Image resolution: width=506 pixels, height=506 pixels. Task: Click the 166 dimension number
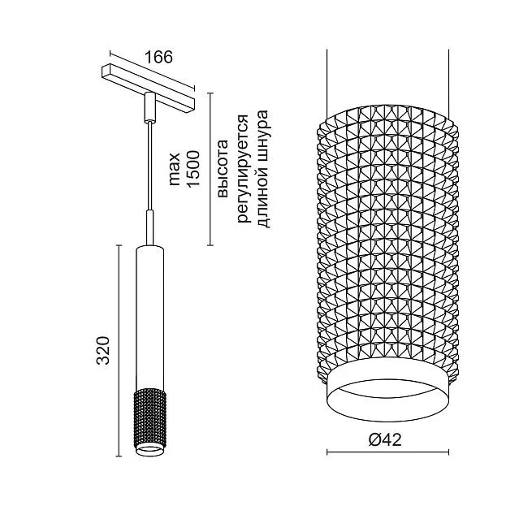click(158, 57)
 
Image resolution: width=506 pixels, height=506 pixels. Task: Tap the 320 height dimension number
click(104, 350)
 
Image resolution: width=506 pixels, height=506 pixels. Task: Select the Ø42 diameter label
click(385, 439)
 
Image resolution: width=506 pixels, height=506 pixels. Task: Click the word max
click(175, 169)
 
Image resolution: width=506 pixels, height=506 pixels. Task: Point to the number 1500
click(193, 169)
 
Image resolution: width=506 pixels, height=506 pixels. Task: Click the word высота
click(223, 168)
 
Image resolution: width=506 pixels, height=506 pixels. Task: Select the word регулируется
click(244, 168)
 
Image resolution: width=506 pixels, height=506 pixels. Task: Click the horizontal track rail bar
click(149, 89)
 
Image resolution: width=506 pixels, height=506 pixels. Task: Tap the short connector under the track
click(149, 107)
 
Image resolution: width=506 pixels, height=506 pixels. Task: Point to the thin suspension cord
click(149, 167)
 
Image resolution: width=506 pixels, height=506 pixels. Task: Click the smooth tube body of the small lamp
click(149, 318)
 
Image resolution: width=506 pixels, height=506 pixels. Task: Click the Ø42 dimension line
click(387, 452)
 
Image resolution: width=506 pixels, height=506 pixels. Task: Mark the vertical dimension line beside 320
click(119, 351)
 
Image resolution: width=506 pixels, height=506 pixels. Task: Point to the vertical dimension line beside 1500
click(210, 169)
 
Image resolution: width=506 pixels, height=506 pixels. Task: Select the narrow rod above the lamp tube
click(149, 228)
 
